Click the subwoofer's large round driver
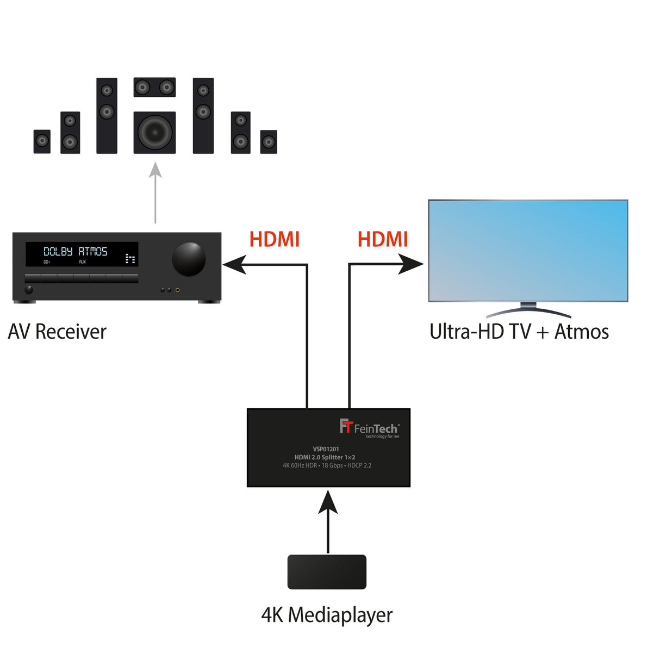154,132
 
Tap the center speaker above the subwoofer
154,87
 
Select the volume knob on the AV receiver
189,259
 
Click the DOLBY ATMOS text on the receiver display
76,251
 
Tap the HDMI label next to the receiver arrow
275,239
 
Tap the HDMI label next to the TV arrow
383,239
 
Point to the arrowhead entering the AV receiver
234,265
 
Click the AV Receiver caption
57,332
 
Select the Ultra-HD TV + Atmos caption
519,332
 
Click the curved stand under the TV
528,311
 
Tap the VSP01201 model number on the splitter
326,449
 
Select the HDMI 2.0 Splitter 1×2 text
325,457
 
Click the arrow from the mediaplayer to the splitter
328,522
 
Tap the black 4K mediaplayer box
327,571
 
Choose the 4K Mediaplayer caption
327,615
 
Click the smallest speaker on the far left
42,141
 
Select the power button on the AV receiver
29,290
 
